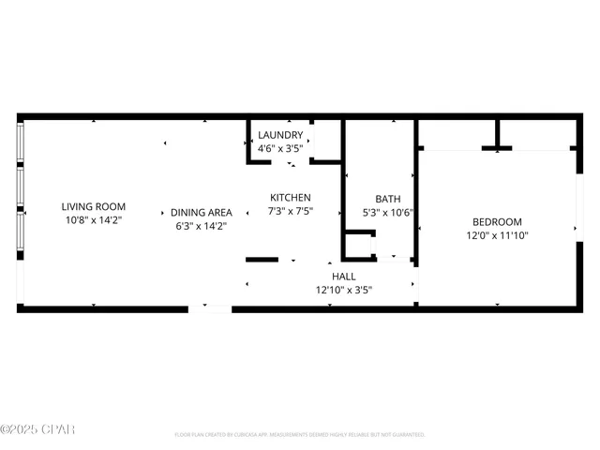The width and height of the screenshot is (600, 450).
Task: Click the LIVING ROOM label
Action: point(93,206)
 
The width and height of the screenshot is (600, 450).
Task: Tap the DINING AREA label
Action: point(201,213)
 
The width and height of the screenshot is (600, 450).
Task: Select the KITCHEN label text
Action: point(291,198)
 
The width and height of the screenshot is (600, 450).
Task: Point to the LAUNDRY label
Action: point(280,135)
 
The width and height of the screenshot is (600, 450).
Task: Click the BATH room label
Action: point(387,199)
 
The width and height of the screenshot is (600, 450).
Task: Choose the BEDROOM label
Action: point(496,222)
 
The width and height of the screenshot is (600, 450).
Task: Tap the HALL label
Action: point(344,277)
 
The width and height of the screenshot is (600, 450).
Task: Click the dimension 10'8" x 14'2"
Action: point(93,219)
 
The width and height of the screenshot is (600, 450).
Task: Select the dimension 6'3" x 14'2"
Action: point(201,226)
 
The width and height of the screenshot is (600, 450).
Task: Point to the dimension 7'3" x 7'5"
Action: point(291,211)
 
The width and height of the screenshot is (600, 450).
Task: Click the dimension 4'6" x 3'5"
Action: point(280,148)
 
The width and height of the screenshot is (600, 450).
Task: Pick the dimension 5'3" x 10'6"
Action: point(387,212)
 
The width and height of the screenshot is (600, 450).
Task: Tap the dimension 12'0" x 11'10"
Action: point(496,235)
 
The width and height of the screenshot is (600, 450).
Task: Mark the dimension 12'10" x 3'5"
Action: point(344,290)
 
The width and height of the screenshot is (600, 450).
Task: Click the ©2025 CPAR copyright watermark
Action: point(37,430)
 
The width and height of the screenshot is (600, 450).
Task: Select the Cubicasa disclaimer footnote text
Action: point(299,434)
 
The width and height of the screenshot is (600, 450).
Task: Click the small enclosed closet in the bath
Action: point(358,246)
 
